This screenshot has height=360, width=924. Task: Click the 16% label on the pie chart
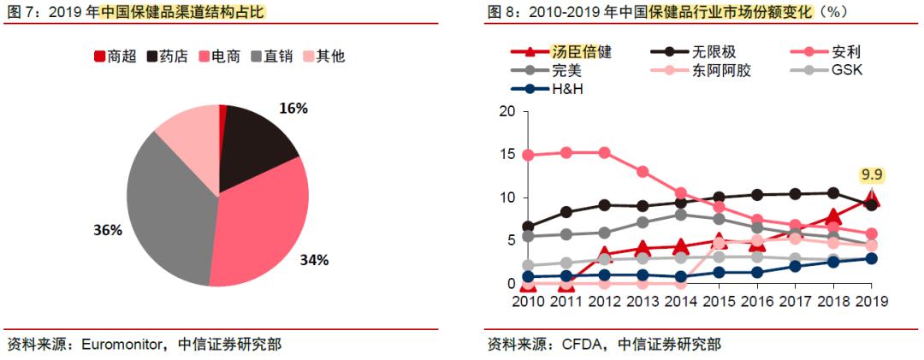click(x=293, y=109)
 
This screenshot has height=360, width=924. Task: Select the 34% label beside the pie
click(x=313, y=260)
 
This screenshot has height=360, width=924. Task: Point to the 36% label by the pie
click(x=109, y=230)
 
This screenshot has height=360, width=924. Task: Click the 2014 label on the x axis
click(x=680, y=302)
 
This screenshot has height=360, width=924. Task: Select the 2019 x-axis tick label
click(x=870, y=302)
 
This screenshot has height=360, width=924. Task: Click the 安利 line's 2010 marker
click(x=529, y=155)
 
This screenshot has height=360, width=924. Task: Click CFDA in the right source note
click(x=582, y=345)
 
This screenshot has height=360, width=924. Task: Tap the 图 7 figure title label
click(x=19, y=11)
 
